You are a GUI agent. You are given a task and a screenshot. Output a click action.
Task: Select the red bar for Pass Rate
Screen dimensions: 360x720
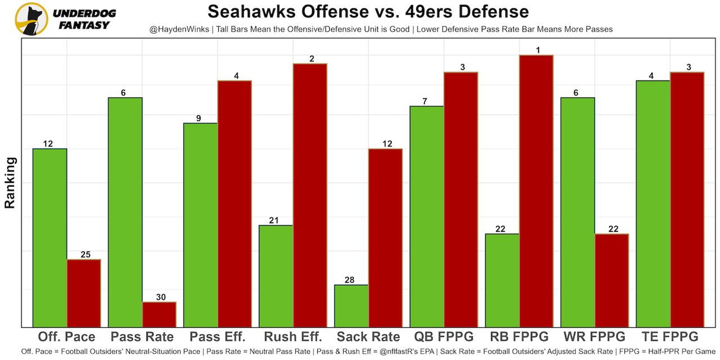click(159, 314)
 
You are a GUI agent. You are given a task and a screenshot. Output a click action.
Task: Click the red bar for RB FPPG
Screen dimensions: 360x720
click(537, 191)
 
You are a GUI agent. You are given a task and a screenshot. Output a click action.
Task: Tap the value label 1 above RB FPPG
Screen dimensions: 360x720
click(538, 51)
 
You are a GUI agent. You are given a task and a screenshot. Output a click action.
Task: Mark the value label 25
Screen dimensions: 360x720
click(85, 255)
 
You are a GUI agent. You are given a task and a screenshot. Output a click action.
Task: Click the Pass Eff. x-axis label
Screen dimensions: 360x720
click(218, 337)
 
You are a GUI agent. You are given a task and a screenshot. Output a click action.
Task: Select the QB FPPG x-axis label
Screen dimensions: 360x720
click(444, 337)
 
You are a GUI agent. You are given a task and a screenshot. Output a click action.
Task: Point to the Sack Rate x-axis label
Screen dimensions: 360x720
click(368, 337)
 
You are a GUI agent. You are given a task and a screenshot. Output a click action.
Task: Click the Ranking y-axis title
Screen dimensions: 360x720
click(10, 183)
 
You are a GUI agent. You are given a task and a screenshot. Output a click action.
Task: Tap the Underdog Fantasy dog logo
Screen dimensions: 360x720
click(31, 19)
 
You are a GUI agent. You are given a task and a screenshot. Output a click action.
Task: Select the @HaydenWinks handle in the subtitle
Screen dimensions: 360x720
click(179, 29)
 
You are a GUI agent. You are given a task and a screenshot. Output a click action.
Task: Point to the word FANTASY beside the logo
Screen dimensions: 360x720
click(84, 25)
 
